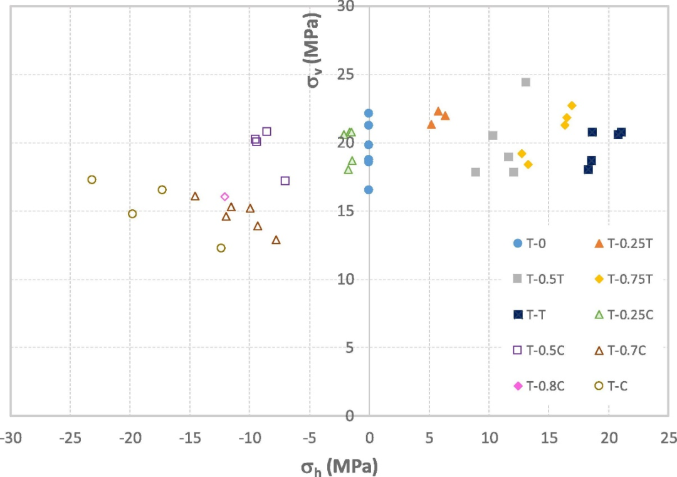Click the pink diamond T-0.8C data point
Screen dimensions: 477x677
click(x=225, y=197)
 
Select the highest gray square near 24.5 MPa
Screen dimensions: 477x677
click(x=526, y=82)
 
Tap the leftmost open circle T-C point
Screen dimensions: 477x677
click(x=92, y=180)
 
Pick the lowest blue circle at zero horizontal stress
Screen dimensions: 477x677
click(x=369, y=190)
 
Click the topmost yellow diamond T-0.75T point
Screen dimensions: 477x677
click(x=572, y=105)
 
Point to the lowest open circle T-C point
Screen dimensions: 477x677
click(x=221, y=248)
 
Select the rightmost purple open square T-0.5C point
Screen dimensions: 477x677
click(x=285, y=181)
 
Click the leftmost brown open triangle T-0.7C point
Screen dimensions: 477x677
click(x=195, y=196)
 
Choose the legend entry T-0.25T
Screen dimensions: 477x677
click(x=624, y=243)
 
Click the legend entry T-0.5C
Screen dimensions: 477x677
click(x=539, y=350)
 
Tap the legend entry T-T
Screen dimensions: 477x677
click(x=533, y=315)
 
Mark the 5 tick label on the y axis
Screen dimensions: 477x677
click(x=349, y=347)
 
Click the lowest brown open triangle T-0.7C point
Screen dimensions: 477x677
click(x=276, y=240)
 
